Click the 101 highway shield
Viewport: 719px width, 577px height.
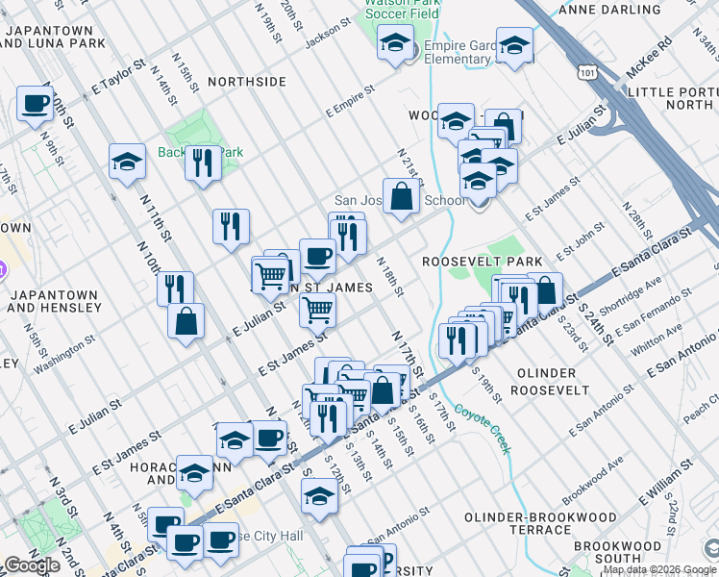[x=588, y=72]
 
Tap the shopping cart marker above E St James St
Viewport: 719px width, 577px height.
[x=317, y=310]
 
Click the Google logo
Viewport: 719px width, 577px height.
[x=32, y=566]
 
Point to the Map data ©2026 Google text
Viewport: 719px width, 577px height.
[x=659, y=569]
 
